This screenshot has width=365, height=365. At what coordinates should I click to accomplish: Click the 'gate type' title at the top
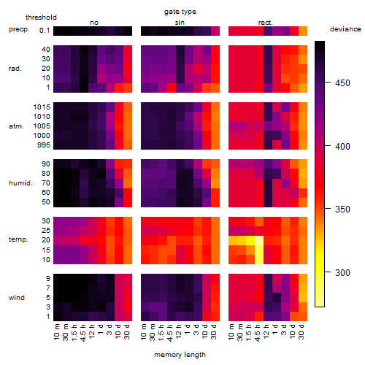(x=180, y=12)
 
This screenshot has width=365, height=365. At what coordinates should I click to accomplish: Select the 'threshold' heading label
(x=41, y=18)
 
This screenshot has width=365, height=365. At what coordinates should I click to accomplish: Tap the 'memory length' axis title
(x=180, y=355)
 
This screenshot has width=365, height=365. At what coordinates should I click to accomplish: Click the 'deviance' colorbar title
(x=345, y=29)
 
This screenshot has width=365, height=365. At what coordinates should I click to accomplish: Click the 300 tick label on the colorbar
(x=342, y=273)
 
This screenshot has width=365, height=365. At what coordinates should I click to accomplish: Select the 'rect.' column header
(x=266, y=23)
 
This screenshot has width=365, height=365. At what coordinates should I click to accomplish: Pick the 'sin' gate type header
(x=180, y=23)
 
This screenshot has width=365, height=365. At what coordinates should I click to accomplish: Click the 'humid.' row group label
(x=20, y=183)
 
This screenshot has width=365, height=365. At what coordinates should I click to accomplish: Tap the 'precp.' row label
(x=19, y=29)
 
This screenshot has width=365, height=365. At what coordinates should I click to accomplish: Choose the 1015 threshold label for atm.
(x=42, y=107)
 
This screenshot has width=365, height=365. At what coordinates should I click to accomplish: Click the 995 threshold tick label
(x=44, y=145)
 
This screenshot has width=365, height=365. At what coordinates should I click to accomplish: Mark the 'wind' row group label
(x=17, y=298)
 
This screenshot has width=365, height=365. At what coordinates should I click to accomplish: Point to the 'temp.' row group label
(x=18, y=239)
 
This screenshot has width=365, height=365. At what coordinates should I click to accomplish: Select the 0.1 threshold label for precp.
(x=45, y=31)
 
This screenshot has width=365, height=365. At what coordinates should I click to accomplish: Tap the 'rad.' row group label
(x=15, y=69)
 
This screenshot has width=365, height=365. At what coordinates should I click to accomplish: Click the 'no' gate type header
(x=94, y=23)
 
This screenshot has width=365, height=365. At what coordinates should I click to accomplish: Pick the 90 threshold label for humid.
(x=46, y=164)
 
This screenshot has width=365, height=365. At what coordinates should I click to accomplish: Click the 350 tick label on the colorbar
(x=342, y=210)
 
